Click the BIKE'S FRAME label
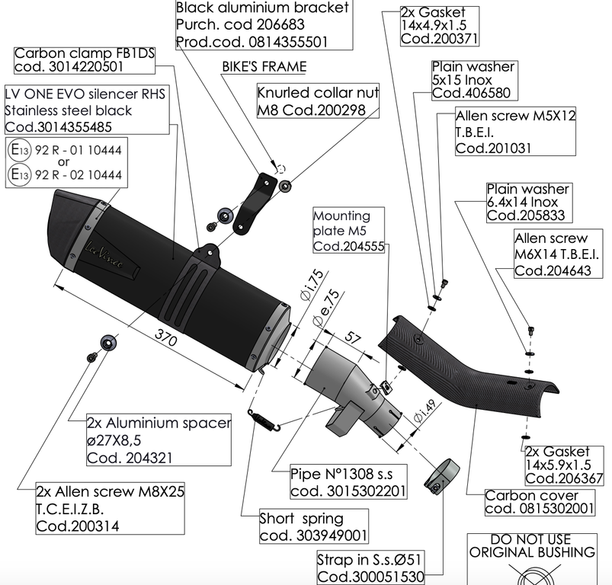coord(264,66)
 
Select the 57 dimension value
coord(353,336)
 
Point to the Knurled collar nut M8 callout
coord(318,102)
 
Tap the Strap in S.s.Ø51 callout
coord(370,569)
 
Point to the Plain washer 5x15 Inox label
coord(473,80)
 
